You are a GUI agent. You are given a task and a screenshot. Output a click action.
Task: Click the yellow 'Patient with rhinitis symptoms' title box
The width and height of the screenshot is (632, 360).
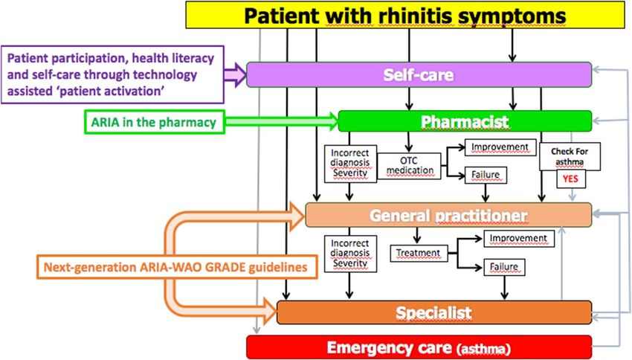(x=405, y=15)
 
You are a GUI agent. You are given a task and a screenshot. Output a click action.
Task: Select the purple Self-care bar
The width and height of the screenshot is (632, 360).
(x=419, y=74)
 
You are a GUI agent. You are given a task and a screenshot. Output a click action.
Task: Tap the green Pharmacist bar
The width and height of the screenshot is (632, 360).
(x=465, y=121)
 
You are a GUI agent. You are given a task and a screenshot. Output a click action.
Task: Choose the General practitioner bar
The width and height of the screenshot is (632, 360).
(x=448, y=215)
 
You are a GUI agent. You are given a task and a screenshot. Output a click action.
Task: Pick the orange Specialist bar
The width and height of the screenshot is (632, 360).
(x=434, y=312)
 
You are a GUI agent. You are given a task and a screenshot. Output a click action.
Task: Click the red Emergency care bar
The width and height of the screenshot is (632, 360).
(x=419, y=347)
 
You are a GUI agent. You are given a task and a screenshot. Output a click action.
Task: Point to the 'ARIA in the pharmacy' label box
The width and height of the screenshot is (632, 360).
(x=154, y=122)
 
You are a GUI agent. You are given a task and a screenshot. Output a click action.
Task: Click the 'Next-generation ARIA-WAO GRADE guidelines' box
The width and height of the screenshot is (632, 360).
(x=177, y=267)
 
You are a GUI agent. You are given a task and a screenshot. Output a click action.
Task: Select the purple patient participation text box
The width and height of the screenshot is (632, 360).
(x=112, y=74)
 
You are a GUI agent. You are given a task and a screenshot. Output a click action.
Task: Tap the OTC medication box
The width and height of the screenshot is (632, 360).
(x=409, y=166)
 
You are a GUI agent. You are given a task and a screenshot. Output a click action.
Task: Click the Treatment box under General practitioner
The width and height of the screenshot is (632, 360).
(x=419, y=253)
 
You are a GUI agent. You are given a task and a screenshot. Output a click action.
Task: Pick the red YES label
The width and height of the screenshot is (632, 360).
(x=570, y=179)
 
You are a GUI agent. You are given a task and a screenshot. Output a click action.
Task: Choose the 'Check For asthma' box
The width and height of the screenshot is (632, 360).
(x=570, y=156)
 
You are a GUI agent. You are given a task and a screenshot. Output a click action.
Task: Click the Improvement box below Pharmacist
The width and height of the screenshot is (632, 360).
(x=500, y=147)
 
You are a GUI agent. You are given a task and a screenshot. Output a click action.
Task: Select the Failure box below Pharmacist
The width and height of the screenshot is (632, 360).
(x=486, y=175)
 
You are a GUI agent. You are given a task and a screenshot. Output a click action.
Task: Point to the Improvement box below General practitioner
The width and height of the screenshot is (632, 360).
(x=519, y=239)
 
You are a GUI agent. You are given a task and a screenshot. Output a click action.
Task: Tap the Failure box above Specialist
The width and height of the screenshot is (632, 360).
(x=504, y=267)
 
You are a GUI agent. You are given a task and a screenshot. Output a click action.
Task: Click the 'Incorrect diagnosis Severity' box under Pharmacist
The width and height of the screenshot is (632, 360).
(x=350, y=164)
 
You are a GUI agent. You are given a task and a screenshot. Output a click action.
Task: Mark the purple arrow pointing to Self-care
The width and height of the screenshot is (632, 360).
(x=236, y=75)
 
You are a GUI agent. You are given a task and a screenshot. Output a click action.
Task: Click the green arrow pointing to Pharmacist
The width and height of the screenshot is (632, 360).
(x=282, y=122)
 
